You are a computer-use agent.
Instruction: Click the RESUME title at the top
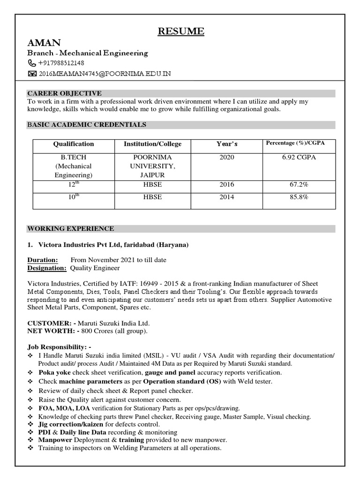coord(180,31)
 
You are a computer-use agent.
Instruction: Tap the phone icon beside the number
coord(31,63)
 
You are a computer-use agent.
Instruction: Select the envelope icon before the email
coord(31,74)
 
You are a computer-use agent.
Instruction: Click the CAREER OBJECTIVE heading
coord(64,93)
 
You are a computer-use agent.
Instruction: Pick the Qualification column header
coord(74,144)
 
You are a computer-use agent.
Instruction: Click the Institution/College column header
coord(152,144)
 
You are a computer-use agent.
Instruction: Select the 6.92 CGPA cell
coord(299,157)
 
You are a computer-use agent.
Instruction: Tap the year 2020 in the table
coord(227,157)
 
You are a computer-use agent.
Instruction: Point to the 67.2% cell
coord(299,185)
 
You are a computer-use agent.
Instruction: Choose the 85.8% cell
coord(299,197)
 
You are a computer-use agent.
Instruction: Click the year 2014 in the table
coord(227,197)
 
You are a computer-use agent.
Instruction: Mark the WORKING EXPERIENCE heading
coord(70,229)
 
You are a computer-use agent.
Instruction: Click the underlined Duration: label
coord(43,260)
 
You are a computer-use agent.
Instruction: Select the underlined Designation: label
coord(47,268)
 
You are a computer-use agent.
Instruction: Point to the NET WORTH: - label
coord(53,331)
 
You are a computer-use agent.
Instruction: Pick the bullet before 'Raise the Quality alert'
coord(30,400)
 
